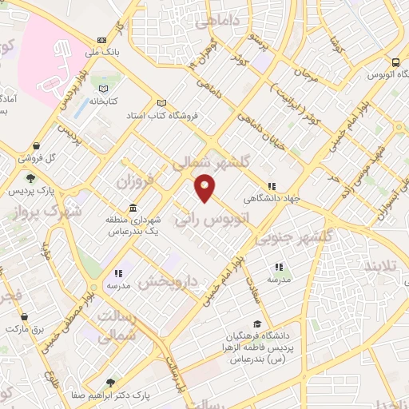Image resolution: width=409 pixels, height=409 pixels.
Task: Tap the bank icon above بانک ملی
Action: click(101, 40)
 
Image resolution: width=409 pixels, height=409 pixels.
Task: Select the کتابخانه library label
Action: click(105, 101)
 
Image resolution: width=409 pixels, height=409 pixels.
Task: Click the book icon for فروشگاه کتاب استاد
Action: click(162, 102)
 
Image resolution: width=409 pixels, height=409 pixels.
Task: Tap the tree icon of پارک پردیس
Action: click(31, 178)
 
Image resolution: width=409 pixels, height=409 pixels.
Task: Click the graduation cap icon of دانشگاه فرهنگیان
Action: click(257, 324)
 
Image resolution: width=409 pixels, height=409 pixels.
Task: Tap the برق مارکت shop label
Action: click(29, 328)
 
